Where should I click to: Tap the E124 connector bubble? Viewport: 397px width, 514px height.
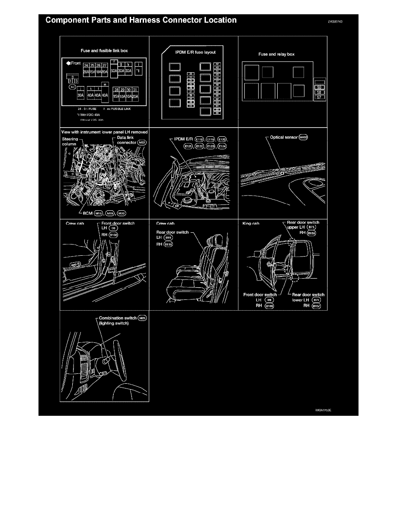[x=221, y=147]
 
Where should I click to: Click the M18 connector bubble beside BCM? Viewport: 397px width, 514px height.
[x=99, y=213]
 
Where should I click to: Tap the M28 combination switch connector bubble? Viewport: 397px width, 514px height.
[x=142, y=318]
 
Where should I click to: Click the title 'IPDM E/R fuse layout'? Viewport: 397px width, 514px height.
[x=195, y=52]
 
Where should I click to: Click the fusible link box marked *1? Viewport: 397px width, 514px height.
[x=137, y=69]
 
